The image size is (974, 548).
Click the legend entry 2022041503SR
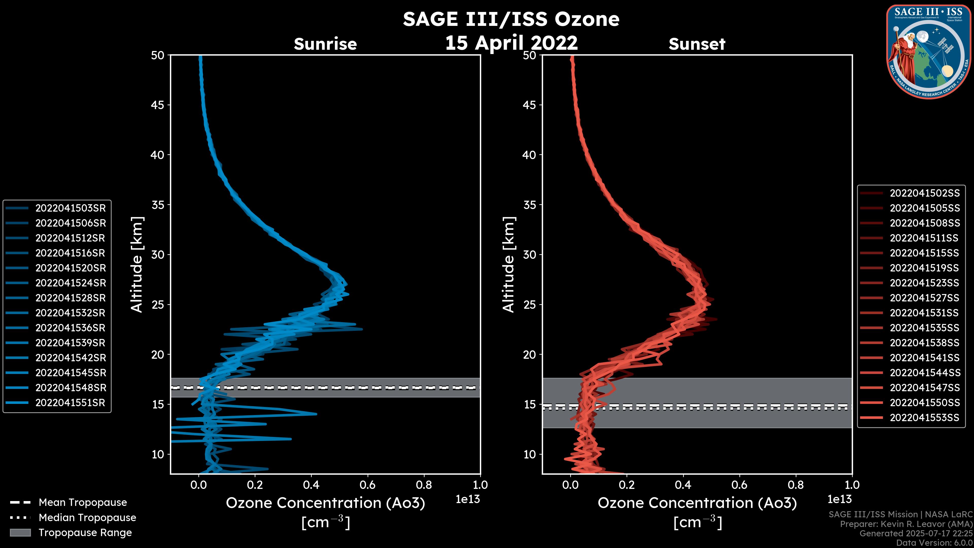pos(70,208)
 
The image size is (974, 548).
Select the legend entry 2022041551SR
pos(70,403)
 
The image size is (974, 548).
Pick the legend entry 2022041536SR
pos(70,328)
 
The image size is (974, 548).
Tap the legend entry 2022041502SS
pos(925,193)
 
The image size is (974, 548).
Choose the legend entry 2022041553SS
pos(925,418)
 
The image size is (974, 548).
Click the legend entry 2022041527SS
pos(925,298)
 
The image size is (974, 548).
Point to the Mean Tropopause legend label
pos(83,503)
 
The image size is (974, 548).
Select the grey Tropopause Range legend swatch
pos(20,533)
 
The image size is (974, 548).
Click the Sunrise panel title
pos(325,44)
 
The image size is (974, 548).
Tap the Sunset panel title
pos(697,44)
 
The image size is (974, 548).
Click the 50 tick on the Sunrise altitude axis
pos(158,56)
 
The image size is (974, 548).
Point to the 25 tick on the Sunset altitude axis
pos(530,304)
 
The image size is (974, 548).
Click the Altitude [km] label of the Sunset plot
pos(509,265)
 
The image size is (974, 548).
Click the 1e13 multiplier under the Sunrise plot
pos(467,500)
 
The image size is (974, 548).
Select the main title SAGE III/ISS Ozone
pos(511,19)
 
